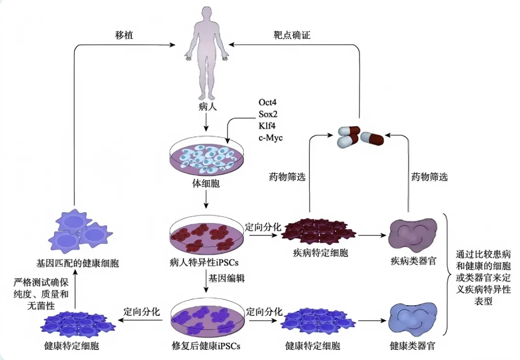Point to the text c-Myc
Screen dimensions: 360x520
point(271,138)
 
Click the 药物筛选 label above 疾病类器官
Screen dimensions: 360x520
point(429,177)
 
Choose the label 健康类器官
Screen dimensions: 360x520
point(414,346)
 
